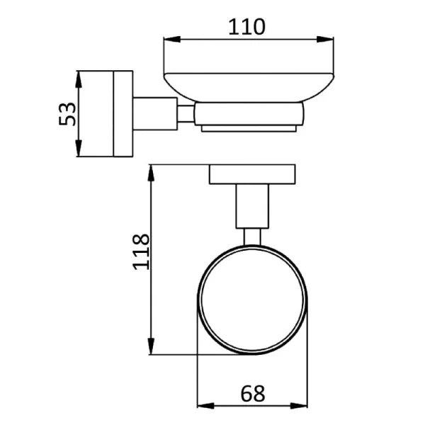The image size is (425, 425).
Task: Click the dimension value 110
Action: [246, 27]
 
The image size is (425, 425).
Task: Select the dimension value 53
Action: [67, 114]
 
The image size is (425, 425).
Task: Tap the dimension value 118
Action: [141, 251]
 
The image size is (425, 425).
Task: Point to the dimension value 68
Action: [252, 394]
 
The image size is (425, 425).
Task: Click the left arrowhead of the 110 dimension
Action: [172, 39]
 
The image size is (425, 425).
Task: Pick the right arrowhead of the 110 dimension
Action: [325, 39]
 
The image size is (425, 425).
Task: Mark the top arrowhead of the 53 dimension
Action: [79, 79]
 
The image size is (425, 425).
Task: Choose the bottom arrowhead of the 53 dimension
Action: [79, 148]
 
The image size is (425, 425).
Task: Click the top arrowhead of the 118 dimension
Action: [152, 173]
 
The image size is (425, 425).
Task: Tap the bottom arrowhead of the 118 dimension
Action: [152, 346]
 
